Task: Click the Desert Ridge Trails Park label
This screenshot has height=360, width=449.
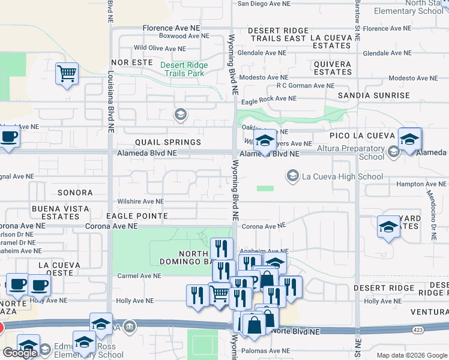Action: [184, 69]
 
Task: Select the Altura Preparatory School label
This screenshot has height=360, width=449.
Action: [354, 152]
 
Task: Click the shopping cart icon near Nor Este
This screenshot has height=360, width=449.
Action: [67, 74]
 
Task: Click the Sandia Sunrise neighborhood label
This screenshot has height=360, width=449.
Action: [373, 95]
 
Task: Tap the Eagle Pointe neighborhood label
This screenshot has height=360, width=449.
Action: [137, 215]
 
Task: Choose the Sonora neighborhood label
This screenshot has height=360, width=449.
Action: [75, 193]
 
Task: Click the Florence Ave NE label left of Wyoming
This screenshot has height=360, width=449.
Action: [171, 28]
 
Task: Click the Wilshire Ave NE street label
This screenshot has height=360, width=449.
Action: [141, 202]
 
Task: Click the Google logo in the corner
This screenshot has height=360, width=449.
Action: [20, 353]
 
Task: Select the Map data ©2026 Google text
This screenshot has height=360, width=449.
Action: [411, 355]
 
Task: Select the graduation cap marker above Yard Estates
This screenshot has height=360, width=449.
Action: [388, 228]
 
